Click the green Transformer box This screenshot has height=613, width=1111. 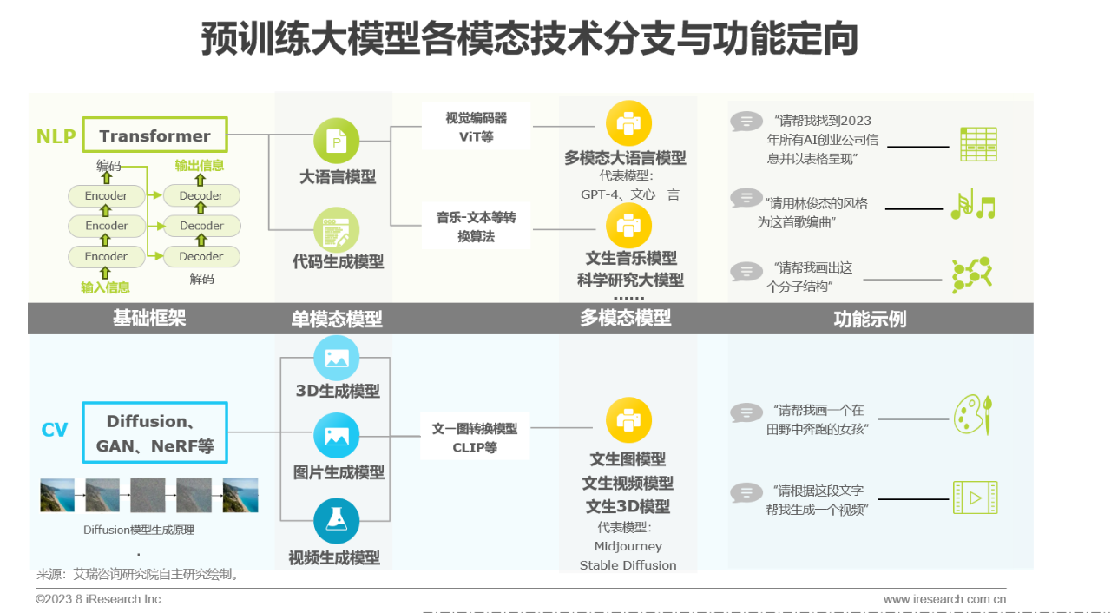(x=154, y=135)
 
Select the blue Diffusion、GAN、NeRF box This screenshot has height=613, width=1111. (x=154, y=433)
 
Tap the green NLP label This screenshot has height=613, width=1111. (x=56, y=136)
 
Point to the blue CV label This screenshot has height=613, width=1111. (x=54, y=430)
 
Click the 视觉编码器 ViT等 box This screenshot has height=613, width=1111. (x=476, y=127)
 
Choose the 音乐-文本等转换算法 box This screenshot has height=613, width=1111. (x=476, y=227)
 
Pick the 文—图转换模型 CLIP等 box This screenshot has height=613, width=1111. (x=475, y=438)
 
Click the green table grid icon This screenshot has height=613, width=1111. (x=978, y=144)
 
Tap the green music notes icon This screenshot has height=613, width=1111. (x=972, y=205)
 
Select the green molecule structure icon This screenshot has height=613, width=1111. (x=971, y=275)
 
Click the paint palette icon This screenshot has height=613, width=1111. (x=972, y=414)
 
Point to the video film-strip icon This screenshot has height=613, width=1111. (x=975, y=498)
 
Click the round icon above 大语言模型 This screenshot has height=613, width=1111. (x=336, y=141)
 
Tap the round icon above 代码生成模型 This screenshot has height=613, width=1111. (x=336, y=230)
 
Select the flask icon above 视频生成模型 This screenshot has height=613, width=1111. (x=336, y=520)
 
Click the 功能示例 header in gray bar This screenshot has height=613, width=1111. (x=870, y=319)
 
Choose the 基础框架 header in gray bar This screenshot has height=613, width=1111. (x=149, y=318)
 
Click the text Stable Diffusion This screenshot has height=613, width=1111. (x=628, y=565)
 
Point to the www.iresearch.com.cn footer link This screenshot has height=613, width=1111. (x=944, y=599)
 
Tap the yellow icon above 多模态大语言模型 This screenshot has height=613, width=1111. (x=628, y=123)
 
